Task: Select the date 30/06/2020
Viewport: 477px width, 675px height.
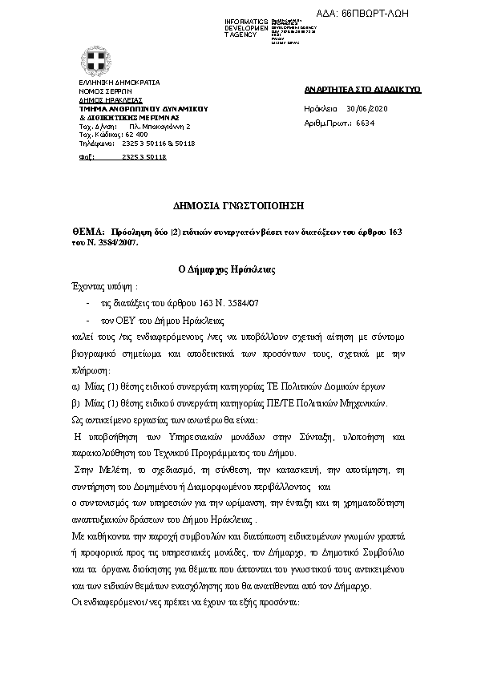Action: [368, 108]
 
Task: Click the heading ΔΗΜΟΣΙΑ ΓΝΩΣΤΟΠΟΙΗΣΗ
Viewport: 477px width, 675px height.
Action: [238, 206]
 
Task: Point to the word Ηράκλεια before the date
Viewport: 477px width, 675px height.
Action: [321, 108]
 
